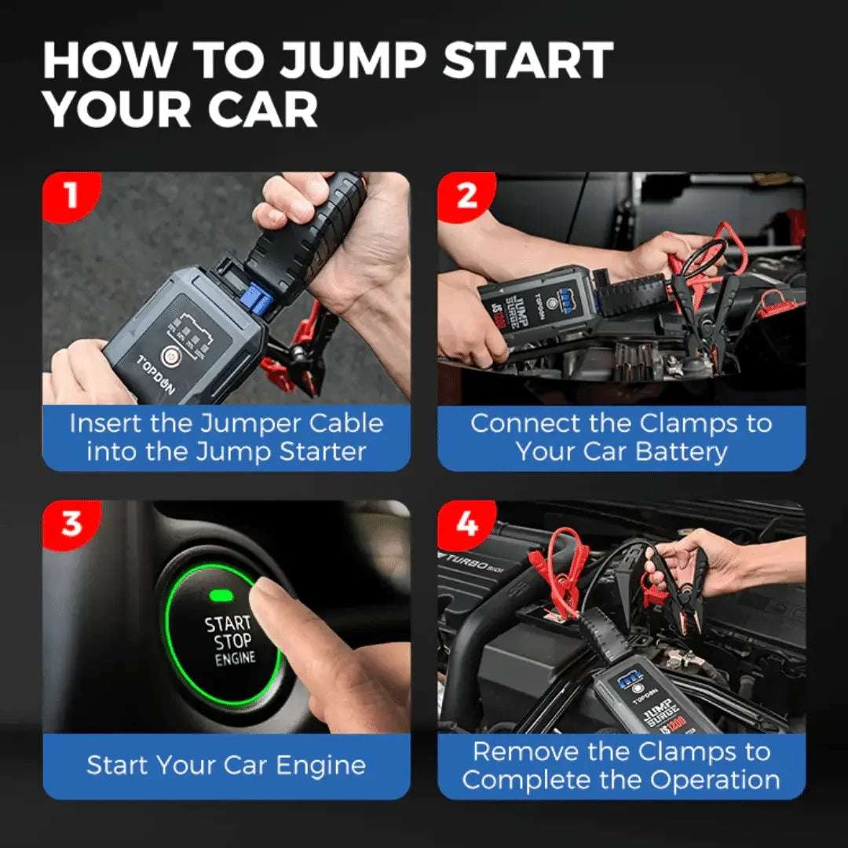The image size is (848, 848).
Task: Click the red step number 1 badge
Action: coord(71,194)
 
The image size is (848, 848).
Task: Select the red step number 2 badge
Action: coord(466,194)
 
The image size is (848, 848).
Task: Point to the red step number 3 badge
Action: coord(71,523)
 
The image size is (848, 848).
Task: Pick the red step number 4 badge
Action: coord(466,523)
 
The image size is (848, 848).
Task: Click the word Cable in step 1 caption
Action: coord(346,423)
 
